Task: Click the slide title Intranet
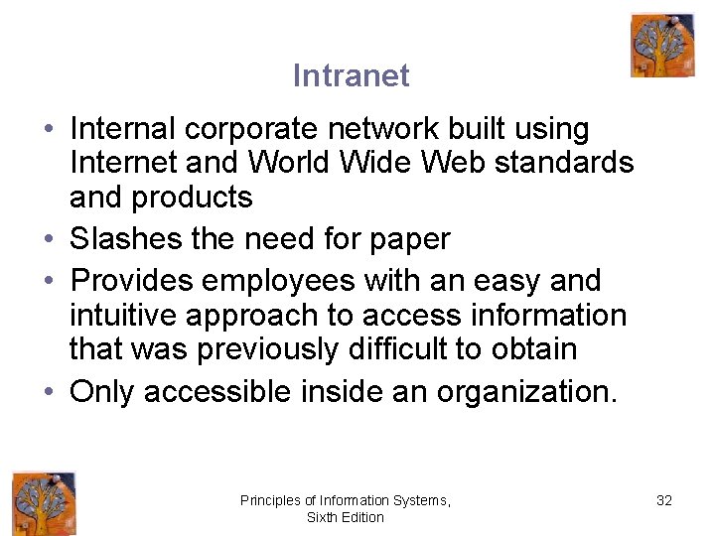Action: (351, 75)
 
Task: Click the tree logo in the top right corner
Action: (661, 46)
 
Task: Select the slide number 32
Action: (664, 500)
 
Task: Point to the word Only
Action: (102, 391)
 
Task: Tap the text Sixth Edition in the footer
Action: (345, 517)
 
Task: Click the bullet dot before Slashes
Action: (49, 239)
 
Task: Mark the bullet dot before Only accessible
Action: (49, 391)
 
